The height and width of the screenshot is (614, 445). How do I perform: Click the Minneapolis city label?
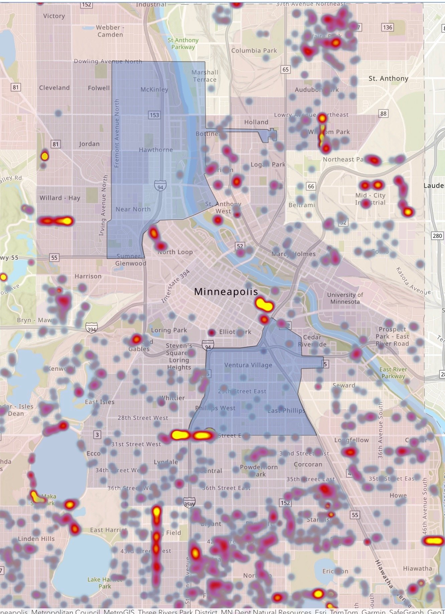tap(226, 292)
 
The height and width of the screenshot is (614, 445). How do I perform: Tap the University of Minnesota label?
tap(345, 298)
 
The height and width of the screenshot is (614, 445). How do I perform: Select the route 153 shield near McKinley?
tap(154, 115)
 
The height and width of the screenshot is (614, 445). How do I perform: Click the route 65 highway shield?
tap(285, 69)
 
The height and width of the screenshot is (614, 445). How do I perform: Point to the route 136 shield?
tap(388, 27)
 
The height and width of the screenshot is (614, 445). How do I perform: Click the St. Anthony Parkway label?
tap(183, 44)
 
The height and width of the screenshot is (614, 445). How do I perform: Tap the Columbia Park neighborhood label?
tap(254, 51)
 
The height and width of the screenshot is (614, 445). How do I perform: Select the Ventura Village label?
tap(248, 365)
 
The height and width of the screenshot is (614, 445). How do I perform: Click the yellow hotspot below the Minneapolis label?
tap(264, 305)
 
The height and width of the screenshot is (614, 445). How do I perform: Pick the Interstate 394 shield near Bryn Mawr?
tap(92, 329)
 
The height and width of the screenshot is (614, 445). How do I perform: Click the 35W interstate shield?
tap(189, 504)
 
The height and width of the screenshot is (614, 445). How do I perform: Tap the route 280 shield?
tap(437, 236)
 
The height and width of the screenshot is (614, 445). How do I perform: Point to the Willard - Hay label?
tap(60, 198)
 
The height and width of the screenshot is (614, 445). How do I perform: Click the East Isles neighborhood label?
tap(100, 402)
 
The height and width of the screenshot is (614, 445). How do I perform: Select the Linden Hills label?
tap(36, 539)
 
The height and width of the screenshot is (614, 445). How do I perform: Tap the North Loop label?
tap(175, 252)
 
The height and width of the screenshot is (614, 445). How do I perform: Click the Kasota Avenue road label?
tap(413, 281)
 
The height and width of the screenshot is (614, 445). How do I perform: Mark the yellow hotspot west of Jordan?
tap(44, 156)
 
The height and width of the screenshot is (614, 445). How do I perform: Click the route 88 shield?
tap(383, 113)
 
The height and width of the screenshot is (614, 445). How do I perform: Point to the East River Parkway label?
tap(393, 373)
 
